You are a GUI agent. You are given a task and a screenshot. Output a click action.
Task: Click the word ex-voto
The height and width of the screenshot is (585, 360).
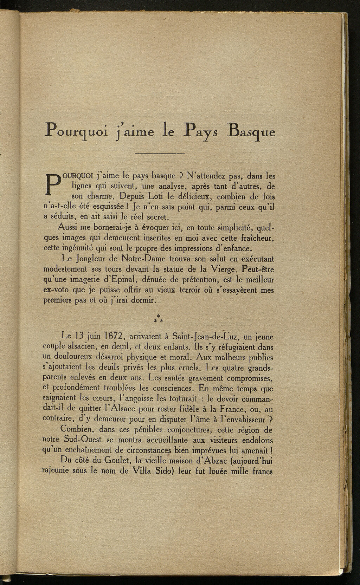pos(56,291)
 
